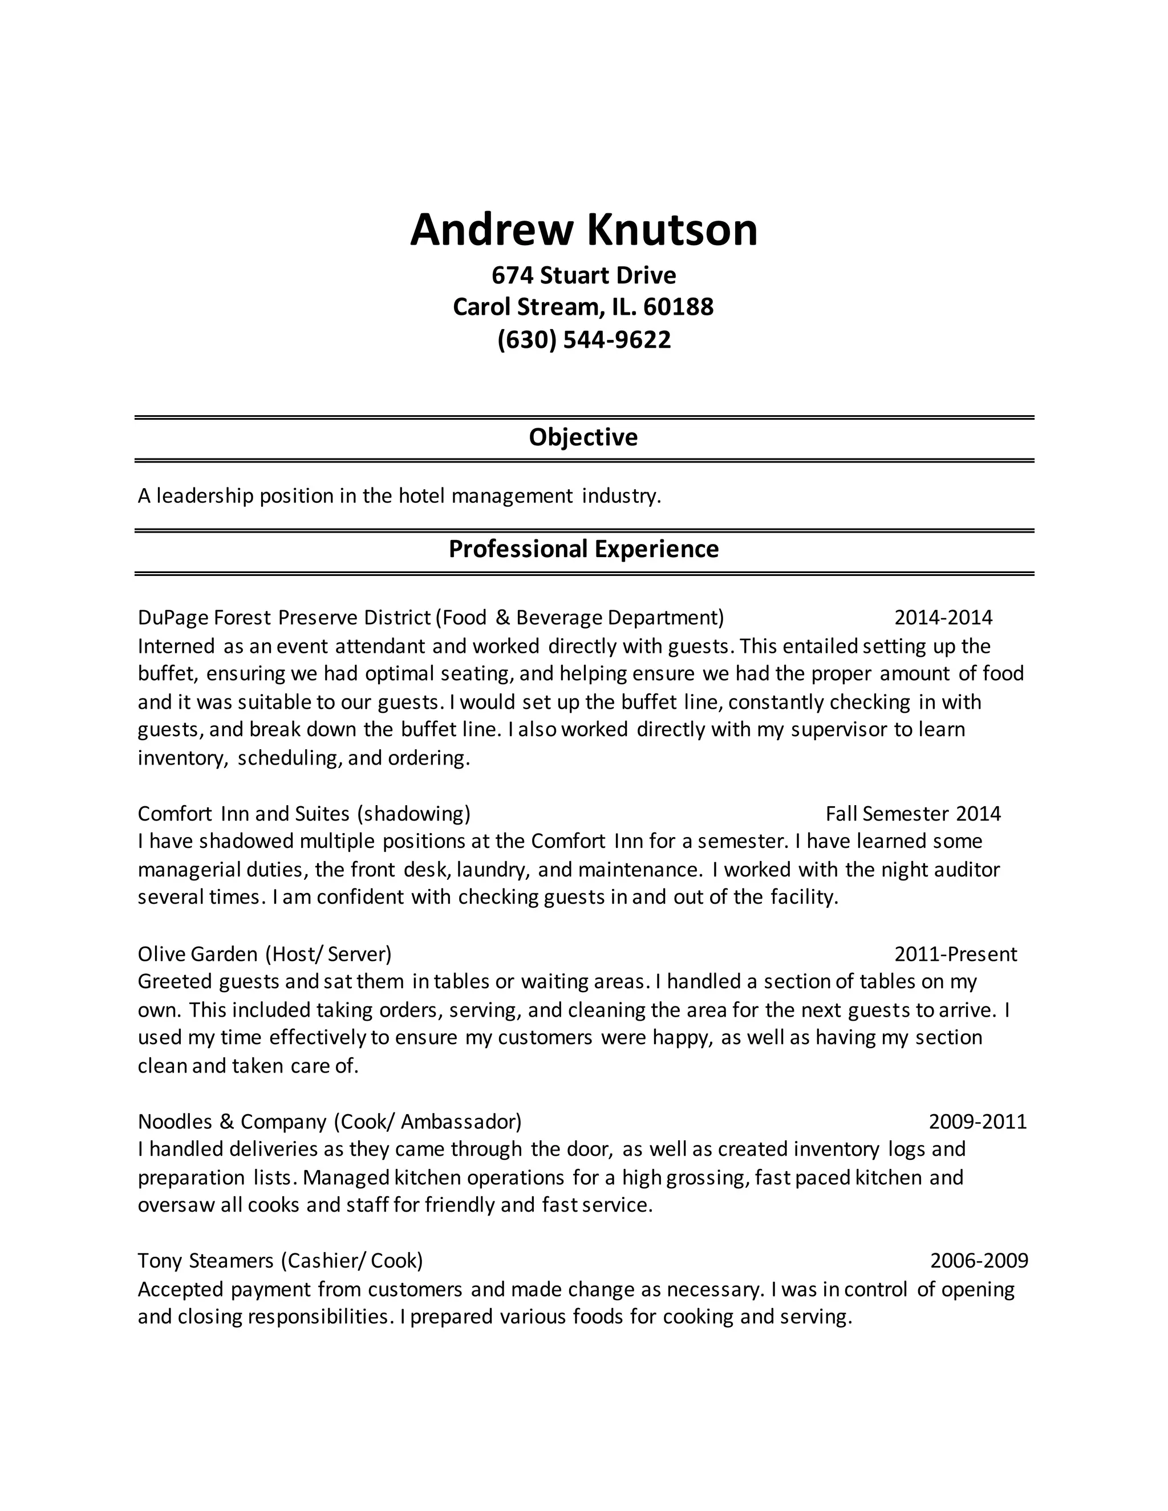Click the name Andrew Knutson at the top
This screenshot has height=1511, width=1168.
[583, 230]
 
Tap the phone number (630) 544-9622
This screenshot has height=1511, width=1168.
[583, 340]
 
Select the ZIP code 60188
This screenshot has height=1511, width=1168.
[678, 307]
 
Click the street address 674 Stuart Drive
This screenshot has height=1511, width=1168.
[583, 275]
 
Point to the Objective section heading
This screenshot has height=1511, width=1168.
[583, 437]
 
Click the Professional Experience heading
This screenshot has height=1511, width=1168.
[583, 549]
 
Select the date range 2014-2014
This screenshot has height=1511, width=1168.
[943, 617]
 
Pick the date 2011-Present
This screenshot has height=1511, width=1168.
[956, 954]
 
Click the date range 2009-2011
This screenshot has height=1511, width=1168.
[978, 1122]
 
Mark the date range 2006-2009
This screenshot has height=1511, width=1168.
[979, 1261]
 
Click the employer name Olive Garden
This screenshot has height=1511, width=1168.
[197, 954]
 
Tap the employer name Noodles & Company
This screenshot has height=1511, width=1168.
[232, 1122]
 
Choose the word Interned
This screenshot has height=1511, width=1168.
[176, 646]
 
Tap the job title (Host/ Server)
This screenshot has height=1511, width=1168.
[328, 954]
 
